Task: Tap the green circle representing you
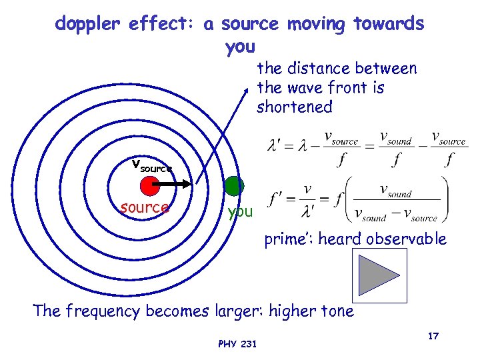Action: (234, 186)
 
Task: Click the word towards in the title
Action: (389, 25)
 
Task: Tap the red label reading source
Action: (144, 207)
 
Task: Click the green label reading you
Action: (240, 212)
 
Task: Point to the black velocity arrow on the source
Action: (177, 183)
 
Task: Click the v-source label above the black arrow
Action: (151, 165)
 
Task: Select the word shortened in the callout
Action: (294, 107)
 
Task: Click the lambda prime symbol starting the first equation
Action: (275, 143)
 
